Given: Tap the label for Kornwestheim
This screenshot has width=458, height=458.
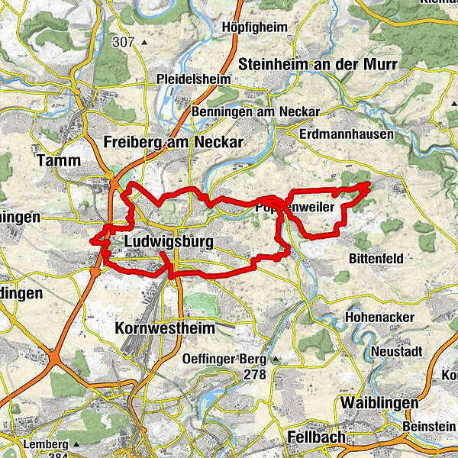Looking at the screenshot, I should (163, 327).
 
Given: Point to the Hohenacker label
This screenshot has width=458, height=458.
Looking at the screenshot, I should (379, 317).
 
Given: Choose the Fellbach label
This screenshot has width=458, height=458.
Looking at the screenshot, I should (317, 437).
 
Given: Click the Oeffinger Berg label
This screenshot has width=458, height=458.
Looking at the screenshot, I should (223, 359).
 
